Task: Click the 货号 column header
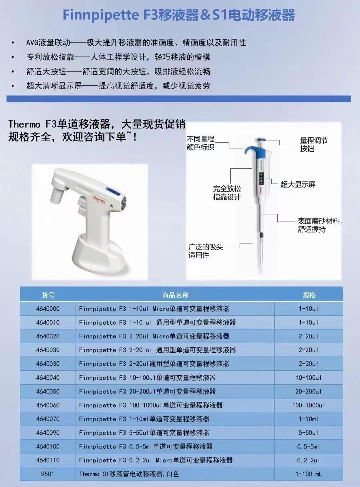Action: point(48,295)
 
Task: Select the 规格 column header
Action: point(309,295)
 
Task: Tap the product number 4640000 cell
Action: point(48,309)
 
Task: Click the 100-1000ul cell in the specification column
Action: point(308,405)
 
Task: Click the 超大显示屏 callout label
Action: point(298,184)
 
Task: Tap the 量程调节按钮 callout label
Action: point(314,144)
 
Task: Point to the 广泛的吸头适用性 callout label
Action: point(205,251)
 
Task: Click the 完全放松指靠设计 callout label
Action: point(227,193)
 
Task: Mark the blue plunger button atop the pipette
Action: point(262,140)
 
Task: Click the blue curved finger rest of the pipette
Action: point(250,149)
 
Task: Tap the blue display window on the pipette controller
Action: point(113,191)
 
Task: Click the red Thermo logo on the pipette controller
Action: point(99,199)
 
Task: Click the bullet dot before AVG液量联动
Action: point(13,43)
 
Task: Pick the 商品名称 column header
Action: point(175,295)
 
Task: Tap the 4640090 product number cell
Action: point(48,433)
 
